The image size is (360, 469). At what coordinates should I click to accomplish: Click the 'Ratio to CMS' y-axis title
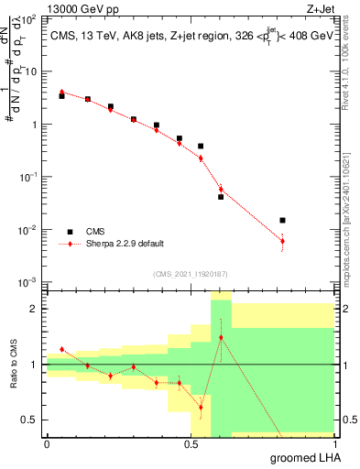pyautogui.click(x=14, y=365)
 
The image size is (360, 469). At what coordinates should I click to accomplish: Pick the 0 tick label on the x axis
pyautogui.click(x=47, y=444)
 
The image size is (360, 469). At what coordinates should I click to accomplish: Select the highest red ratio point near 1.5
pyautogui.click(x=221, y=337)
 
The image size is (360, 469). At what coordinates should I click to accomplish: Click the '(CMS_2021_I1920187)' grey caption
pyautogui.click(x=190, y=273)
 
